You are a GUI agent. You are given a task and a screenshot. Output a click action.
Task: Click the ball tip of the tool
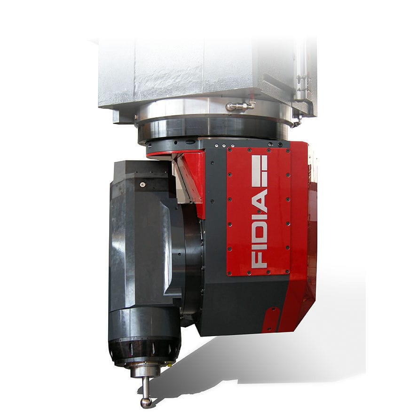pyautogui.click(x=146, y=402)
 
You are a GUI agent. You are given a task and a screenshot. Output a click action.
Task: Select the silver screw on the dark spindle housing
pyautogui.click(x=142, y=185)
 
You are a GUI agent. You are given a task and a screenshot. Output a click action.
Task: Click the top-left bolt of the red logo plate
pyautogui.click(x=229, y=151)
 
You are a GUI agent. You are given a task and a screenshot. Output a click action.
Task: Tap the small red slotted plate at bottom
pyautogui.click(x=272, y=319)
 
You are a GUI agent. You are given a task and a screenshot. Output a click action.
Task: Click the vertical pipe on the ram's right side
pyautogui.click(x=300, y=71)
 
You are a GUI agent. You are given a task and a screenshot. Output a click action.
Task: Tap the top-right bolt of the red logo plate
pyautogui.click(x=287, y=151)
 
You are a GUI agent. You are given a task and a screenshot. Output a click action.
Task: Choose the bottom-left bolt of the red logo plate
pyautogui.click(x=230, y=272)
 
